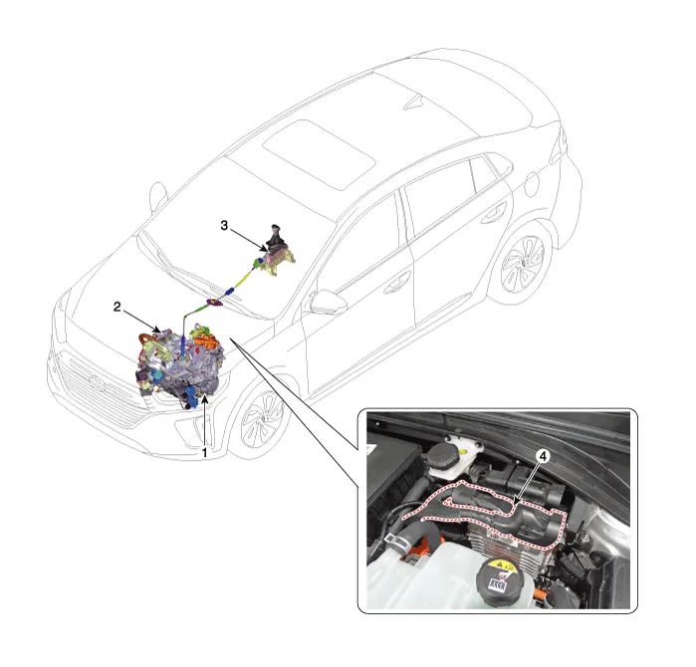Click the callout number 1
point(205,453)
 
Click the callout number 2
point(117,307)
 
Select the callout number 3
point(224,225)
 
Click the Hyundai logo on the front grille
point(95,381)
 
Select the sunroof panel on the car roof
point(318,152)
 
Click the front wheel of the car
point(264,412)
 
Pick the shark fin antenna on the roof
point(414,102)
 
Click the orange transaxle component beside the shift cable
point(206,342)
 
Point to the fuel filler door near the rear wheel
point(532,184)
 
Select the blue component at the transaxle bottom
point(191,395)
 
